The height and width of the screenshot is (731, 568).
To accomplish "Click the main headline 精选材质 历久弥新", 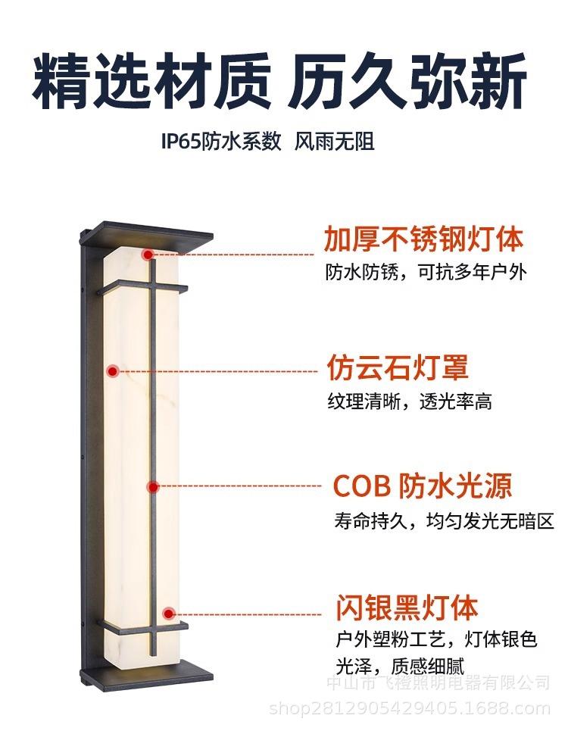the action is [279, 80].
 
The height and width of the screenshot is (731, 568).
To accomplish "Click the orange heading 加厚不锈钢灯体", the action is [423, 239].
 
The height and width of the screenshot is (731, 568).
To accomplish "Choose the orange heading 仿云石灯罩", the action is [398, 367].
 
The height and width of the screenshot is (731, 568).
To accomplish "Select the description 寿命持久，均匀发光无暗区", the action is [445, 521].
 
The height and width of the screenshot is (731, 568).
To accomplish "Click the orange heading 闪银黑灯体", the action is [407, 608].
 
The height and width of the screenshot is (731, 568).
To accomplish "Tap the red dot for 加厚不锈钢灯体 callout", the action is [148, 255].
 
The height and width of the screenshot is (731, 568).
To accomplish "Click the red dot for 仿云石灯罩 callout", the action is [113, 370].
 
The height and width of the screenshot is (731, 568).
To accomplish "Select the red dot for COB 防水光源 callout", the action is [153, 487].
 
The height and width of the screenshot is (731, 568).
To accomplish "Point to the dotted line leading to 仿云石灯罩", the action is [220, 370].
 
